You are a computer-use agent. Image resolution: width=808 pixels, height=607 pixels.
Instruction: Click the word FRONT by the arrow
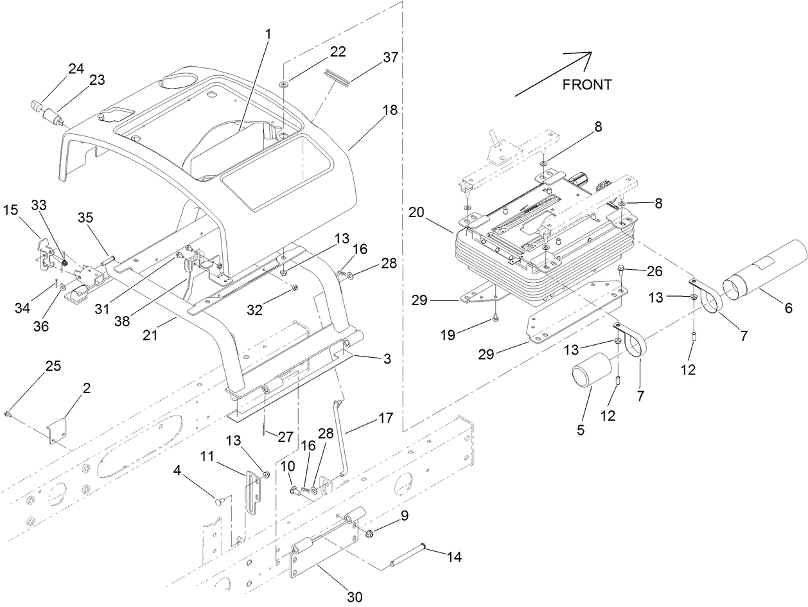(586, 84)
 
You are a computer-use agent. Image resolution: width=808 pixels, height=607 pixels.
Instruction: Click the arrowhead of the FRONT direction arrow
(586, 56)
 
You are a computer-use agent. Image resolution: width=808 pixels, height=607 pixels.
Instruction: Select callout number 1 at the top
(268, 33)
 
